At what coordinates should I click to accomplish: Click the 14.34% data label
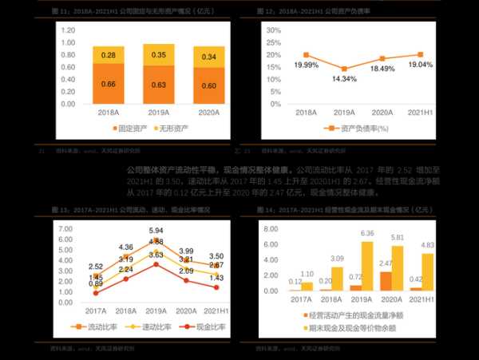(x=345, y=78)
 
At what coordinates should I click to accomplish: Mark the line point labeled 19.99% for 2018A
(x=306, y=55)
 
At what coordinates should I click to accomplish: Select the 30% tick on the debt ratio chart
(x=275, y=30)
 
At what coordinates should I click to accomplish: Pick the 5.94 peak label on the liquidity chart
(x=156, y=231)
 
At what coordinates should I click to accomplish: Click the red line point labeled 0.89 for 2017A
(x=96, y=292)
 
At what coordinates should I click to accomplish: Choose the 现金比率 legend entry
(x=199, y=327)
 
